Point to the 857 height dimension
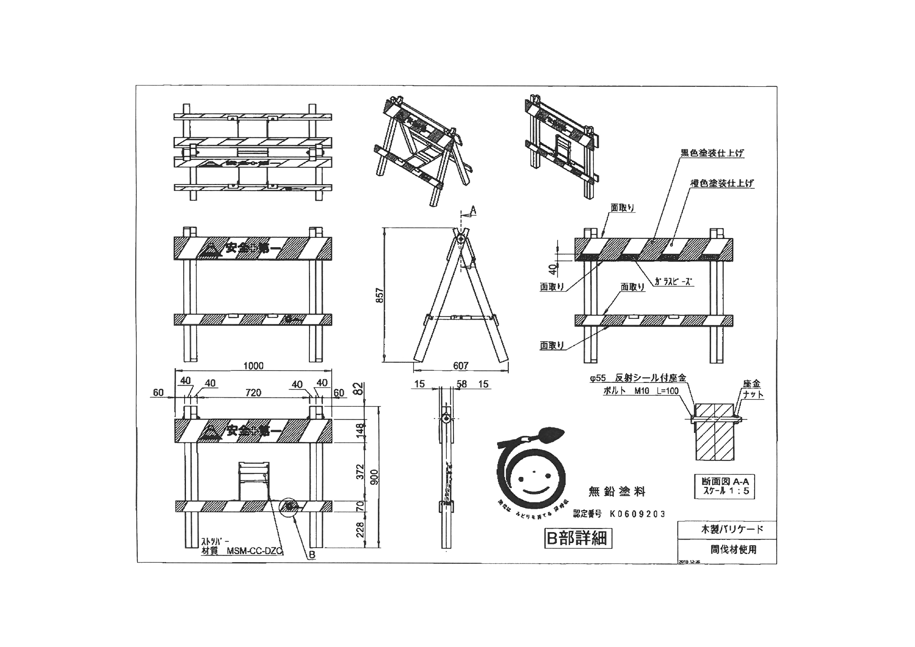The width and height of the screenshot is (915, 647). (x=380, y=295)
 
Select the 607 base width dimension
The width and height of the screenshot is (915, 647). (x=461, y=366)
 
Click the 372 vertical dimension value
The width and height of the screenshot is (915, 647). (x=360, y=472)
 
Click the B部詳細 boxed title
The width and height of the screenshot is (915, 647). (x=577, y=538)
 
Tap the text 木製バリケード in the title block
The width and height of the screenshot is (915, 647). (x=732, y=529)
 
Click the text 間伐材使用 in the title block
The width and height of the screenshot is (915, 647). (x=733, y=549)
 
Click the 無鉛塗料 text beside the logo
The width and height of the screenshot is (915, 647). (x=617, y=492)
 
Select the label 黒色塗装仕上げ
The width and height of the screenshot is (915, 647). (x=712, y=153)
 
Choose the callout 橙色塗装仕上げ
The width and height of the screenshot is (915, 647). (x=722, y=183)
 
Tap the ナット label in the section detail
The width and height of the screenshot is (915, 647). (x=753, y=395)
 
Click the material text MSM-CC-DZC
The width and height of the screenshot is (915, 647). (x=254, y=551)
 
